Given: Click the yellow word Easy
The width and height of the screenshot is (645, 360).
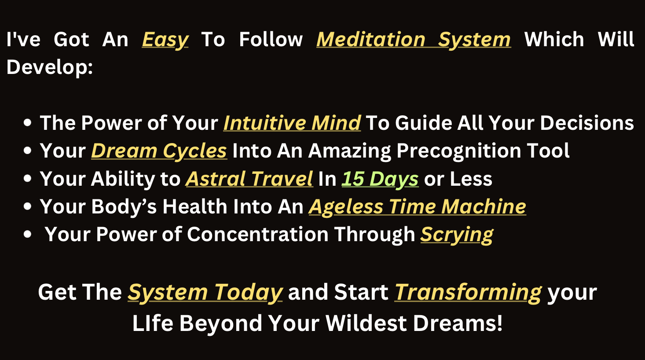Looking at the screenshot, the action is pos(165,40).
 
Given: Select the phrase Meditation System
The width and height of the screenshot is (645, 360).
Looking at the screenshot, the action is pos(414,40).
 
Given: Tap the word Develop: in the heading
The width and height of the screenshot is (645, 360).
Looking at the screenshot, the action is pos(50,67).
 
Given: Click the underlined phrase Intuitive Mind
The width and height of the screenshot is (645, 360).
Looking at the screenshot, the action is pos(292,123).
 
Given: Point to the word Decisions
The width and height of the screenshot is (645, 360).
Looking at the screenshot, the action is pos(587,123).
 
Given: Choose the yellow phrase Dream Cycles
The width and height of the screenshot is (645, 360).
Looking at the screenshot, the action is pos(159,151).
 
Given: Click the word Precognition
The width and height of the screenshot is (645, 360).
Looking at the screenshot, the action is pos(459,151).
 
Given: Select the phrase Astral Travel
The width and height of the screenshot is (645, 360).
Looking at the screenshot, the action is pos(249,179).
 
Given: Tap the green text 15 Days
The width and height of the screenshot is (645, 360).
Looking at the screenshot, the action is pos(380,179).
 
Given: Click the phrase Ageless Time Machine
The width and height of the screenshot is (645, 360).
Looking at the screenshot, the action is pos(418,207).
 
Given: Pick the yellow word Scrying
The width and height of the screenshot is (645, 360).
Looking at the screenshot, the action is pos(457,235).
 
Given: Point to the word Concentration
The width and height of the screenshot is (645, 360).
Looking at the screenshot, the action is pos(258,235).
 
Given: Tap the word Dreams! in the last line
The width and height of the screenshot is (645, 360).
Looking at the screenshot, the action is pos(458,323).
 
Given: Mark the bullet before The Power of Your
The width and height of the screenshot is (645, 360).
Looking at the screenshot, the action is pos(27,123).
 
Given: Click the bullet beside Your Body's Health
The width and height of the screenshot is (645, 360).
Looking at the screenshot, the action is pos(27,206).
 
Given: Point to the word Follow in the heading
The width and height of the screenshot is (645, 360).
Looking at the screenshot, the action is pos(271,40).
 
